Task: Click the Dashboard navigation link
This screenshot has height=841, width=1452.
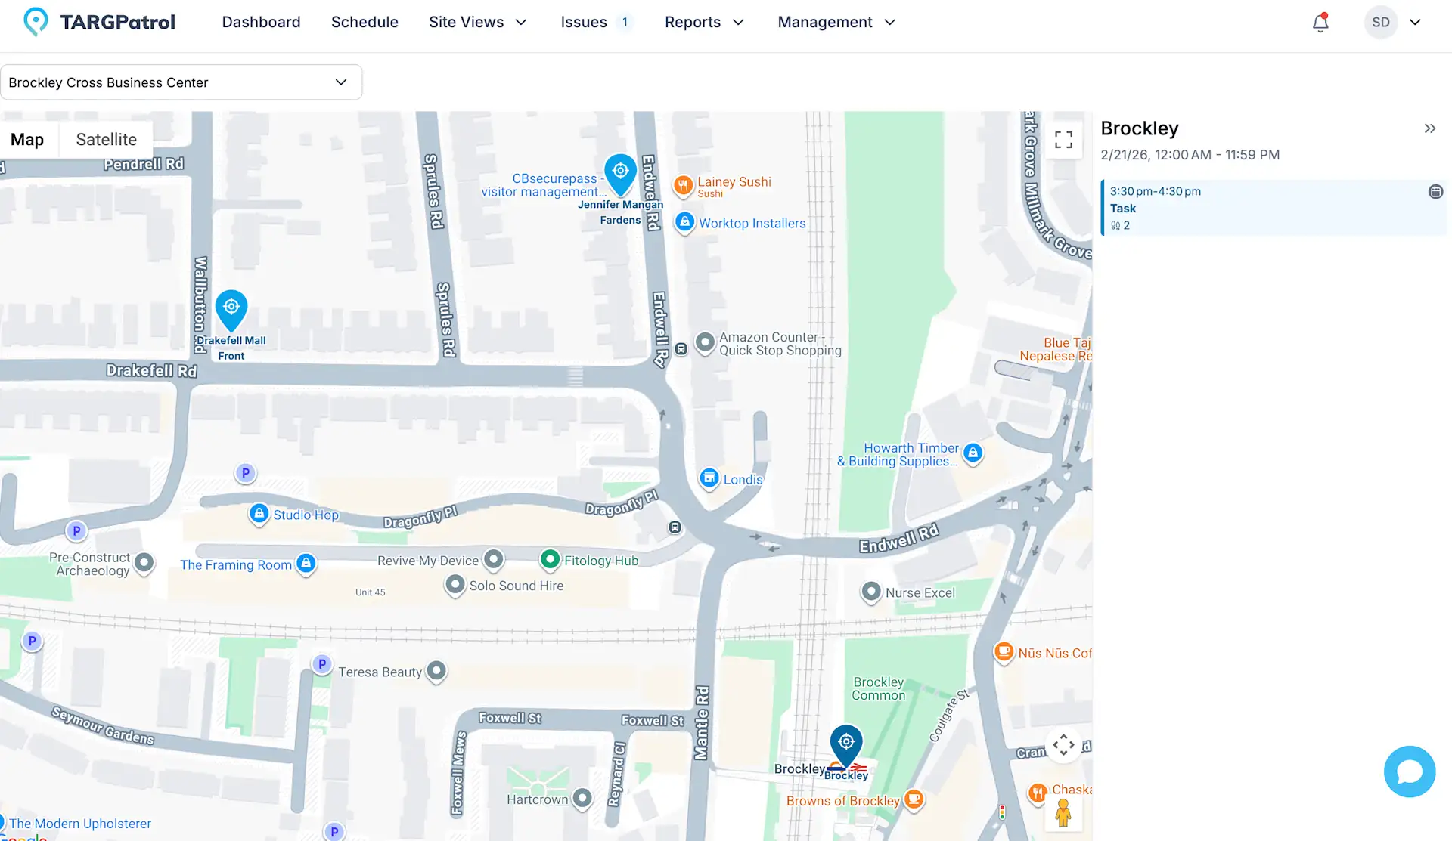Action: click(x=261, y=22)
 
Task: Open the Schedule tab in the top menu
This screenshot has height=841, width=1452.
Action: click(x=365, y=22)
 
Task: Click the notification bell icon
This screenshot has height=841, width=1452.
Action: click(x=1320, y=23)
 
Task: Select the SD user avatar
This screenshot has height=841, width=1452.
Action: click(x=1381, y=23)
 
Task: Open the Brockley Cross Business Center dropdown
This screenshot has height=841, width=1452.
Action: click(x=181, y=82)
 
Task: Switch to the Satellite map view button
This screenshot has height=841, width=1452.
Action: click(x=106, y=139)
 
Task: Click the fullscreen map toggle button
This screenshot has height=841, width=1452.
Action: click(x=1063, y=140)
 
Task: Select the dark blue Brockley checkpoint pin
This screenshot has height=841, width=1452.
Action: click(x=846, y=744)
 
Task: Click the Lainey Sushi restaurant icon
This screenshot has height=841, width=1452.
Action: click(x=683, y=185)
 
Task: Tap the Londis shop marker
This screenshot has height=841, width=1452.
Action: click(x=709, y=478)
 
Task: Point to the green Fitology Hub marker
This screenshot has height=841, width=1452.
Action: click(x=550, y=559)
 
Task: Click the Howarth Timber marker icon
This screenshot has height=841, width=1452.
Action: click(x=973, y=453)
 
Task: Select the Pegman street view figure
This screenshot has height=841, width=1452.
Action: click(x=1063, y=813)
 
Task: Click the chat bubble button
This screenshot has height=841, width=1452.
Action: click(x=1410, y=771)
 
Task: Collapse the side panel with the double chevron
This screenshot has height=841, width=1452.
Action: click(x=1429, y=128)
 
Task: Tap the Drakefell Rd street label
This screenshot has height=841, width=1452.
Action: click(x=151, y=370)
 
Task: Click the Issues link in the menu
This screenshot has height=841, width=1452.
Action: click(x=583, y=22)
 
